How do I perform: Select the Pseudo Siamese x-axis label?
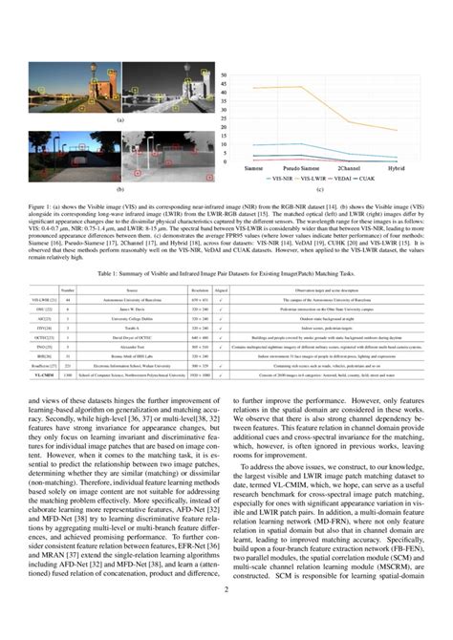coord(304,168)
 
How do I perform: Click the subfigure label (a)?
coord(119,120)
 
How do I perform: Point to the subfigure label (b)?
coord(119,191)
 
